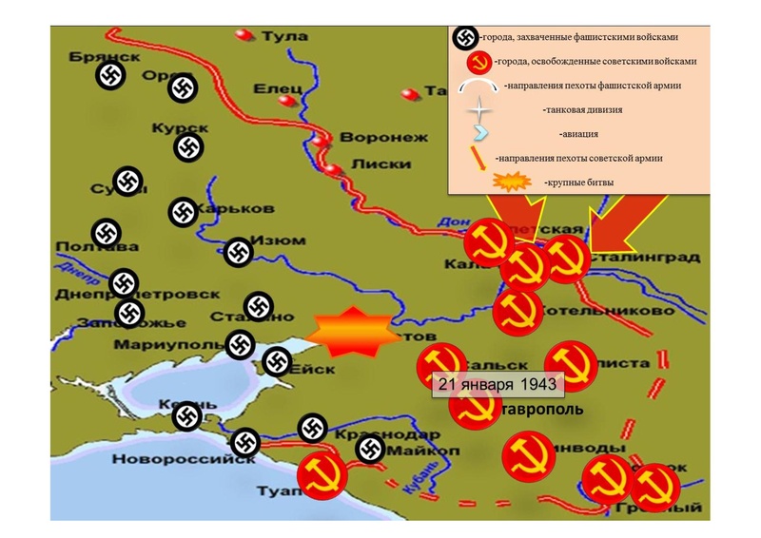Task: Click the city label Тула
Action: coord(289,37)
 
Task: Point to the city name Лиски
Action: coord(374,163)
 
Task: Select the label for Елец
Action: coord(277,88)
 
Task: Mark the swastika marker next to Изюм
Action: coord(238,252)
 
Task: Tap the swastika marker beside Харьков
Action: coord(183,212)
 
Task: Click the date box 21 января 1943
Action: coord(498,383)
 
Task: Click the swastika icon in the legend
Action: coord(464,37)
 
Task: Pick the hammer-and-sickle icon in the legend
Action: coord(478,62)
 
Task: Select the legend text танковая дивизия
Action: coord(583,110)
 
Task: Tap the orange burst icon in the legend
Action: coord(514,181)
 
